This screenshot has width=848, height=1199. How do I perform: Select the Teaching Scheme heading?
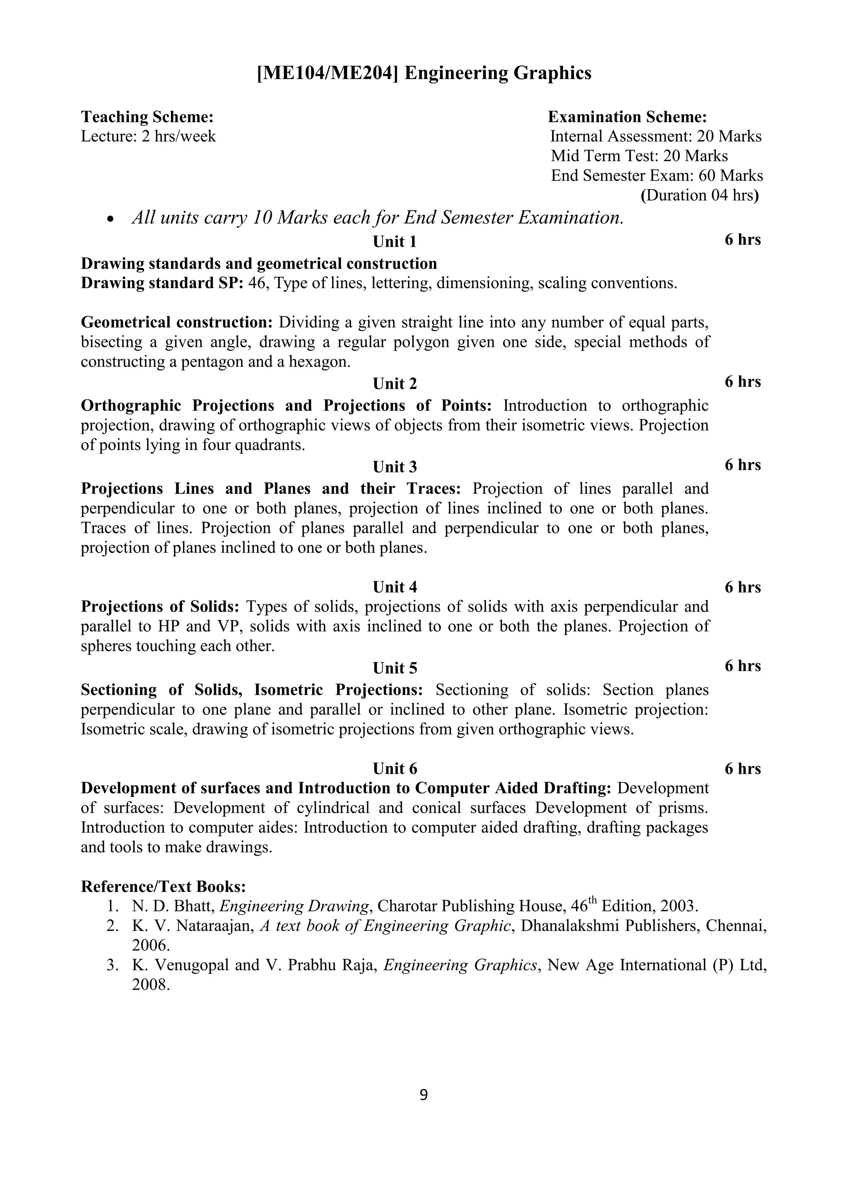(x=147, y=116)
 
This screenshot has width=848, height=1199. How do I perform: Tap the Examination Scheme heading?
(x=627, y=116)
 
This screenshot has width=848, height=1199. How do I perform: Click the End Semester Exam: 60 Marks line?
(x=656, y=176)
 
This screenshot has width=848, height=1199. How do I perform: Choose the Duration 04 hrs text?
(x=699, y=195)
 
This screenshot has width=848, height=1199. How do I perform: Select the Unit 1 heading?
(x=394, y=242)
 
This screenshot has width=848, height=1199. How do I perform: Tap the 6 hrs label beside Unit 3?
(x=742, y=465)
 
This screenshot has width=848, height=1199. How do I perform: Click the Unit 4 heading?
(x=394, y=587)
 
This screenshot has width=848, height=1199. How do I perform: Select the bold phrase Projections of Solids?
(x=160, y=607)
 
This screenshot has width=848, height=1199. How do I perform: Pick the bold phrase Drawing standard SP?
(x=162, y=283)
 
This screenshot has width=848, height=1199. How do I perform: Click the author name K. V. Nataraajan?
(x=193, y=926)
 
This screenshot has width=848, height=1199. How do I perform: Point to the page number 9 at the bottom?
(x=424, y=1095)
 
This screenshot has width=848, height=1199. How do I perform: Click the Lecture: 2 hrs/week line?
(x=148, y=136)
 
